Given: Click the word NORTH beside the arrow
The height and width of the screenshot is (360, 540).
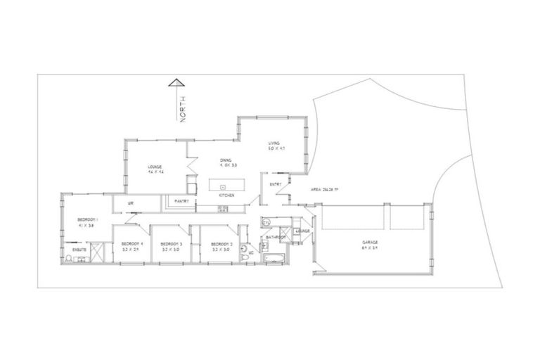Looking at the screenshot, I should point(182,110).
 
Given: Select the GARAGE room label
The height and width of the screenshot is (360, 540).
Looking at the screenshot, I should point(369,242).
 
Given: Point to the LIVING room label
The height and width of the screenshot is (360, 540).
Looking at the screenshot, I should point(275,143).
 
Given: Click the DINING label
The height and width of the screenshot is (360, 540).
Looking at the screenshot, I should point(226,160).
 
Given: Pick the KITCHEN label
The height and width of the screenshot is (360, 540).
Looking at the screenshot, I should point(226,196).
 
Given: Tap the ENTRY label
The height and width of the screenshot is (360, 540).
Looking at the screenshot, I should point(276,184).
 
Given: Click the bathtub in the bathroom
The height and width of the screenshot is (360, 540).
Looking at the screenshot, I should point(273,261).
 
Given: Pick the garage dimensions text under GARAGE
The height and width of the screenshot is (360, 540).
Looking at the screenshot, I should point(369,247).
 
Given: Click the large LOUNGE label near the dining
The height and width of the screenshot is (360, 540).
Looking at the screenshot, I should point(155,167).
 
